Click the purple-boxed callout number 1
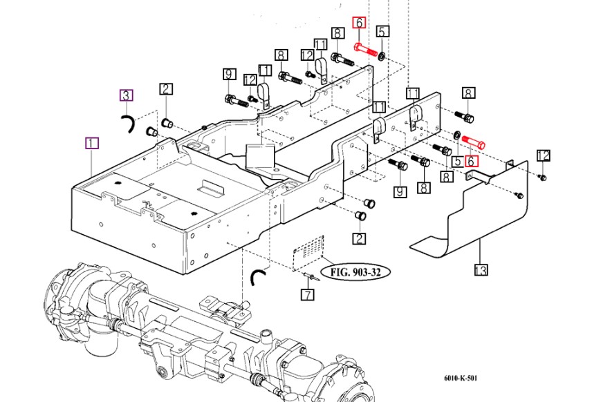tap(92, 143)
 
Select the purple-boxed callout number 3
tap(127, 95)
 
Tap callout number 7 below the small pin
tap(308, 294)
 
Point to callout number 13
tap(481, 270)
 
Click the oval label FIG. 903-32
tap(355, 272)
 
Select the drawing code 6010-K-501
tap(460, 378)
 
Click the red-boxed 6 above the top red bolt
tap(359, 23)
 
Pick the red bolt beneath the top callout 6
tap(365, 50)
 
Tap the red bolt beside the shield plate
tap(474, 142)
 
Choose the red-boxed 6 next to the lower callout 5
tap(471, 162)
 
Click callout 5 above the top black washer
tap(382, 31)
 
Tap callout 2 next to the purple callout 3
tap(166, 89)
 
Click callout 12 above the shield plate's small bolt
tap(543, 155)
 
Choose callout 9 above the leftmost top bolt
tap(229, 75)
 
